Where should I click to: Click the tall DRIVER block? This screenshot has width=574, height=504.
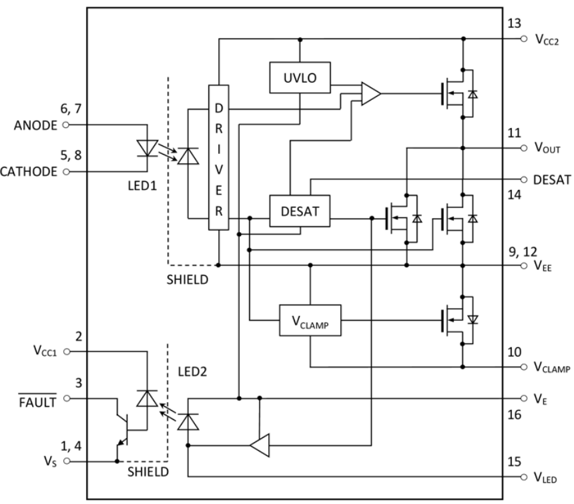click(218, 157)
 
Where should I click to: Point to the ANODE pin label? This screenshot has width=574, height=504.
click(37, 124)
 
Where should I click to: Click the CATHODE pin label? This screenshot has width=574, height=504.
click(31, 171)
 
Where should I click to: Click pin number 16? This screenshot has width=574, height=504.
click(513, 415)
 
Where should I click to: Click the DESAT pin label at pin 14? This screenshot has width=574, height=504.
click(552, 180)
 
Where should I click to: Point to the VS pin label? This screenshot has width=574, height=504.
click(47, 460)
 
